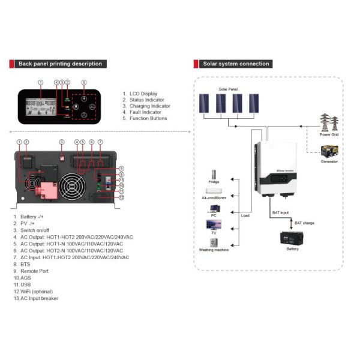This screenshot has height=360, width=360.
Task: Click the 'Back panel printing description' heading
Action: click(60, 64)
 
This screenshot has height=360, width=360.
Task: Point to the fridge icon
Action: click(214, 172)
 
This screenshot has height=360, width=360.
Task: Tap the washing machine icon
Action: click(214, 243)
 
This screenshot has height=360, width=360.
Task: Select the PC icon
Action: click(214, 209)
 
